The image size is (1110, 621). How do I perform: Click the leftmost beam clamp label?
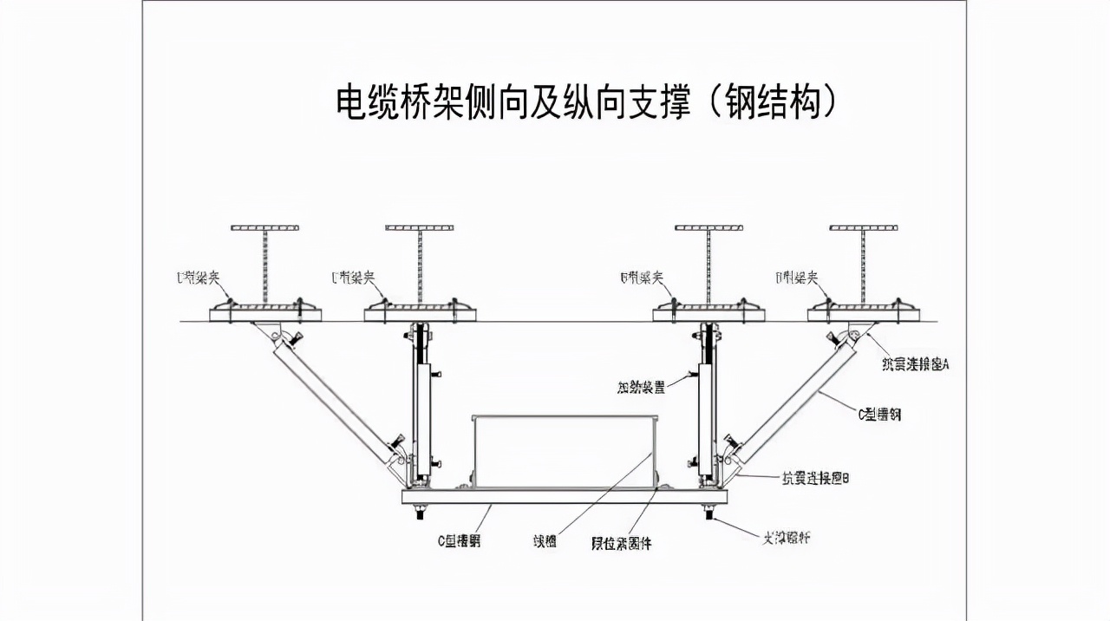(198, 278)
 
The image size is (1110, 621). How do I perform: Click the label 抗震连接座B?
(815, 478)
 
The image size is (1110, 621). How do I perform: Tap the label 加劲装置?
(642, 388)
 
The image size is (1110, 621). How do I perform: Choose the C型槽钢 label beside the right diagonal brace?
(879, 415)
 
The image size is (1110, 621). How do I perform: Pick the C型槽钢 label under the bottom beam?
(459, 541)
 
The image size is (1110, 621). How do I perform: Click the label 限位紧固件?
(621, 544)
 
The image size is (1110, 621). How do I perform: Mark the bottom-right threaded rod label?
(786, 539)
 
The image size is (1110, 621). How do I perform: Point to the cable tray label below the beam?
(545, 542)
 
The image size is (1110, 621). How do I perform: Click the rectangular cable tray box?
(564, 451)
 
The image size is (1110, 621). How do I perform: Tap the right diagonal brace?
(793, 399)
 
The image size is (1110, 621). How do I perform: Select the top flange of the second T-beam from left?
(420, 228)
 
